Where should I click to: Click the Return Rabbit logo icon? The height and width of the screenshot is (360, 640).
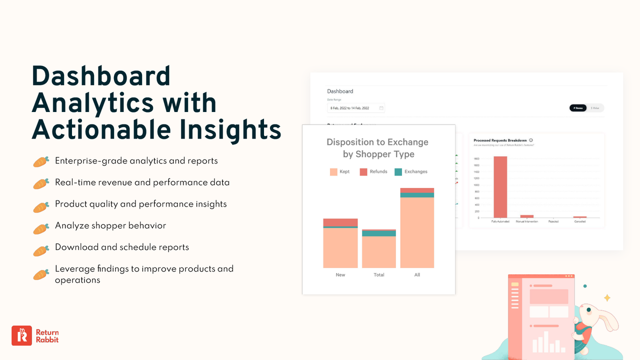click(21, 335)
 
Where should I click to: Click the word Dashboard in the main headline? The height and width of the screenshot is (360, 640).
click(101, 76)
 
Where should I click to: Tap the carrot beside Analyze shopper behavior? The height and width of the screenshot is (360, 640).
click(41, 228)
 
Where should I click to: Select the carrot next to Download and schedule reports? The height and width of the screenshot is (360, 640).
click(41, 250)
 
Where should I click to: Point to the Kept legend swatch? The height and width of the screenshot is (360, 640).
click(333, 172)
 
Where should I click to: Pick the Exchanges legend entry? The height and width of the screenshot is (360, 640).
click(411, 172)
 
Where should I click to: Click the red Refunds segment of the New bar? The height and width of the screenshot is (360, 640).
click(340, 222)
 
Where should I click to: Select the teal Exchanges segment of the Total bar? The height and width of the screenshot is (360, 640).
click(379, 233)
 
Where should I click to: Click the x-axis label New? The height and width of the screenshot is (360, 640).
click(340, 275)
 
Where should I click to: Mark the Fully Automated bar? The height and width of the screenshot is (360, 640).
click(500, 187)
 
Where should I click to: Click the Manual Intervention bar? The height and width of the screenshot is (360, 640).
click(527, 216)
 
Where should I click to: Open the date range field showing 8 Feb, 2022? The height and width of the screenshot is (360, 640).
click(356, 108)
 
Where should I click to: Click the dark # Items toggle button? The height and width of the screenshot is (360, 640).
click(578, 108)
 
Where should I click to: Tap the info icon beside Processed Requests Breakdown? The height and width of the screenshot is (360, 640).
click(531, 140)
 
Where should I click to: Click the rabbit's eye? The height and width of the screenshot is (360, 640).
click(589, 310)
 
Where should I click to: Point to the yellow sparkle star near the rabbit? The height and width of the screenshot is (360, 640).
click(607, 298)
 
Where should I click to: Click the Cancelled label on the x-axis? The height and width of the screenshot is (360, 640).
click(580, 221)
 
